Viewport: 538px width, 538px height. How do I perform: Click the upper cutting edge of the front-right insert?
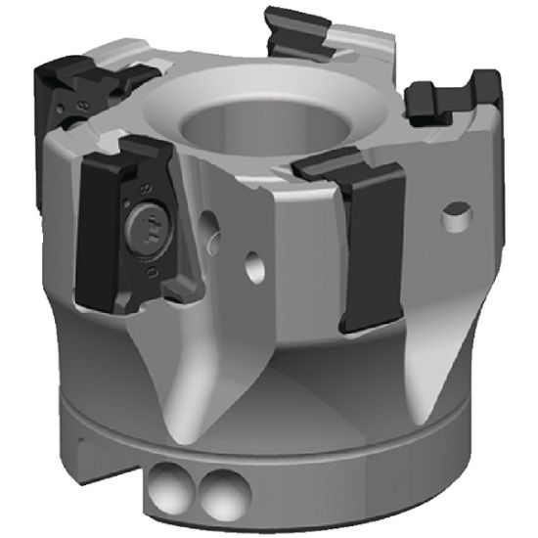pos(347,166)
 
